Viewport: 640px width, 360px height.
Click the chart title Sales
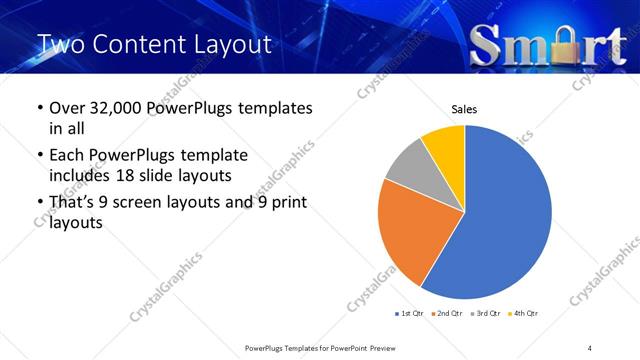tap(464, 109)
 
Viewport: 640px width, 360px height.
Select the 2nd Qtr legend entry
tap(447, 314)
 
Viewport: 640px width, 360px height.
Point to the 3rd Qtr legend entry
tap(484, 314)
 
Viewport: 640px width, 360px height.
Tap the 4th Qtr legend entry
tap(522, 314)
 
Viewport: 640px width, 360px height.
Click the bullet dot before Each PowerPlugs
tap(39, 156)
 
